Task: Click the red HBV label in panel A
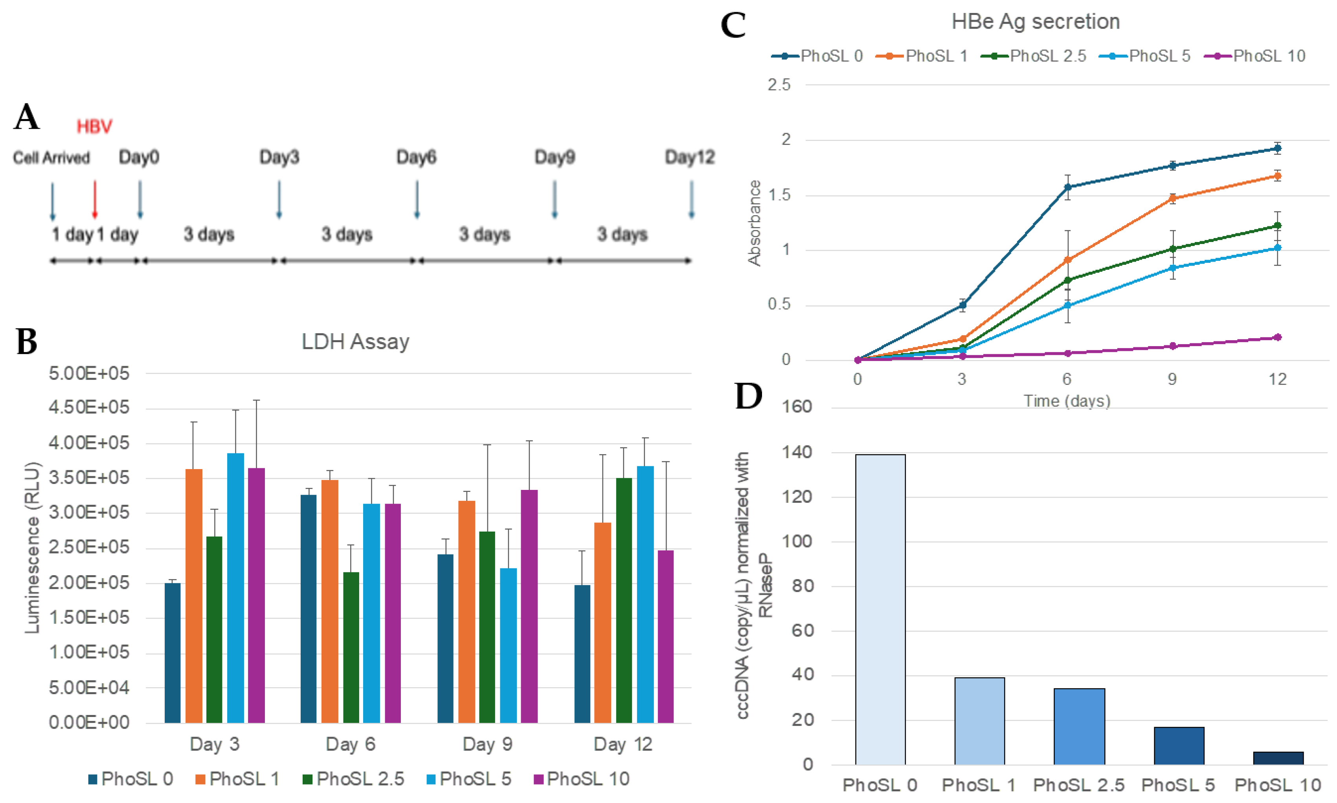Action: (x=94, y=126)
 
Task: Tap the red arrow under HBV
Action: (x=95, y=199)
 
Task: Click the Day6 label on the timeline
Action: (x=416, y=158)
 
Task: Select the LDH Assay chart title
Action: (x=355, y=341)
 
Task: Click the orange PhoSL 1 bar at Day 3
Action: (x=194, y=595)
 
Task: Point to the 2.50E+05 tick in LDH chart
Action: (x=89, y=547)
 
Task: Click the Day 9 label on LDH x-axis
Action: (x=487, y=744)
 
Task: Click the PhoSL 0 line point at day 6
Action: (x=1068, y=187)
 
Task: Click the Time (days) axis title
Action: (x=1066, y=401)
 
